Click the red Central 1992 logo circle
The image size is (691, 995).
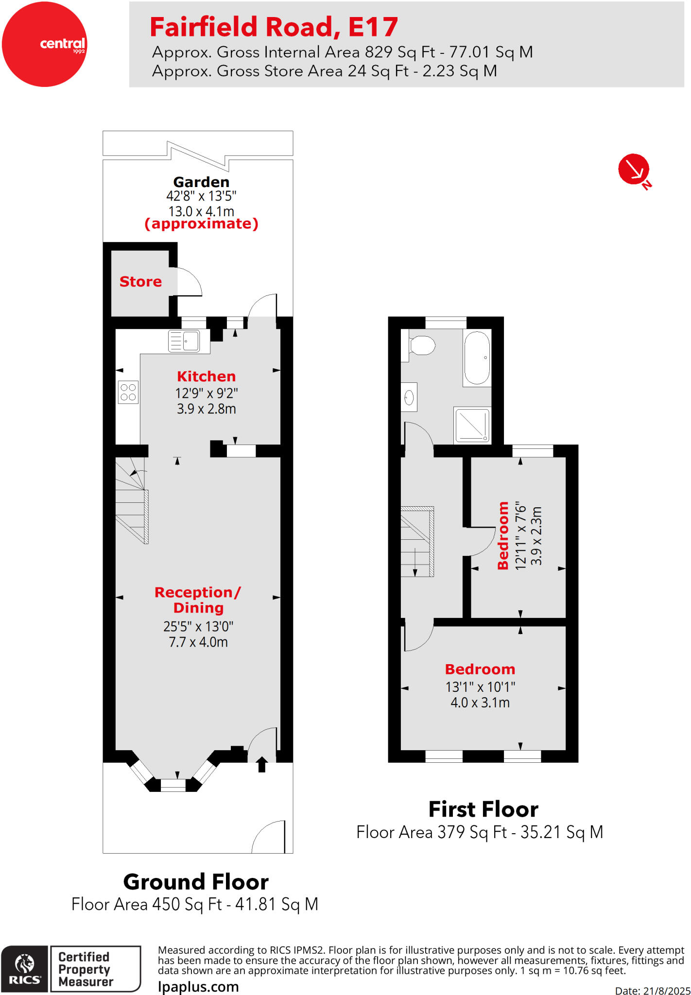(x=44, y=44)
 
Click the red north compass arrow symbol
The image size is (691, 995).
(x=633, y=169)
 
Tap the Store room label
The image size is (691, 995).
(x=140, y=282)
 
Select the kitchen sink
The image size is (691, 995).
(x=184, y=341)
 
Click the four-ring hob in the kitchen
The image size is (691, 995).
(x=128, y=392)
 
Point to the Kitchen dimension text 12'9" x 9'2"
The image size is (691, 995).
(x=206, y=393)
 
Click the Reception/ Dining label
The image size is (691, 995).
(x=198, y=600)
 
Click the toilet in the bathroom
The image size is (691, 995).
(x=420, y=346)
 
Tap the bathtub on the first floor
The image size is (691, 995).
(x=477, y=358)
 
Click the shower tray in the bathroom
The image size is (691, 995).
(x=472, y=425)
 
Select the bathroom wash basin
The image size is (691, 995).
(x=409, y=397)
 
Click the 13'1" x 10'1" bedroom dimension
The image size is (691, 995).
(x=480, y=687)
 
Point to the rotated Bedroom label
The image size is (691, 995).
(x=503, y=535)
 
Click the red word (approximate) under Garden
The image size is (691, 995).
(x=201, y=224)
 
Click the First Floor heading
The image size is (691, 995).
(x=483, y=809)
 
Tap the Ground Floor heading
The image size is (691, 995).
(x=196, y=882)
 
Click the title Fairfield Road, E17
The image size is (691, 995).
(x=274, y=27)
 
